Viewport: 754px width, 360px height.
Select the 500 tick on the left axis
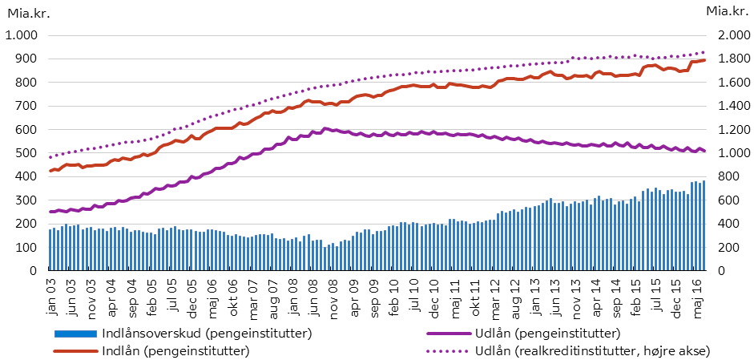(x=28, y=153)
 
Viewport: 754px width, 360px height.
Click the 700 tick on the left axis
(x=28, y=106)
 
